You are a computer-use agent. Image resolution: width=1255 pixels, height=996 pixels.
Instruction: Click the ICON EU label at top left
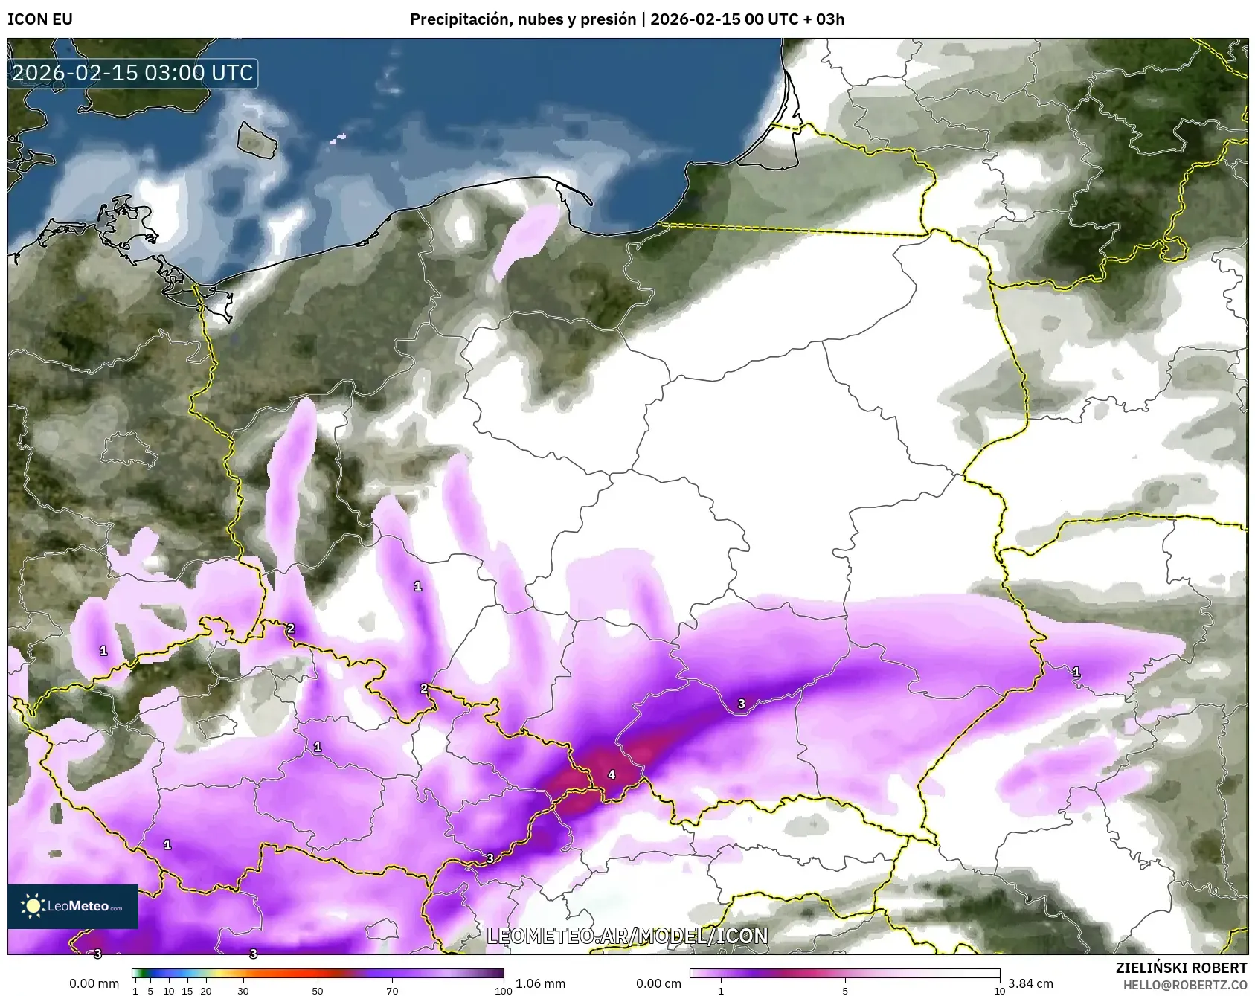click(40, 19)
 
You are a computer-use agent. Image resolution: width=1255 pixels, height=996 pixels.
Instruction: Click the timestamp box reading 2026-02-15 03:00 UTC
click(133, 73)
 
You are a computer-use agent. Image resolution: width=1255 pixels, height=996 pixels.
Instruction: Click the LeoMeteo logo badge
click(73, 906)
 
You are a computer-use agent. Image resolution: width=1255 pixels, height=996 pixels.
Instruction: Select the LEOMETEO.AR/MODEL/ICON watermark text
click(627, 936)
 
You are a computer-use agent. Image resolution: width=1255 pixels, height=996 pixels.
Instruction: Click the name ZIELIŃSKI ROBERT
click(1181, 968)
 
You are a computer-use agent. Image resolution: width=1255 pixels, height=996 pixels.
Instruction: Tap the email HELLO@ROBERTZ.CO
click(1184, 985)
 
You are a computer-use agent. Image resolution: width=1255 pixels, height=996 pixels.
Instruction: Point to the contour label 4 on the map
click(612, 774)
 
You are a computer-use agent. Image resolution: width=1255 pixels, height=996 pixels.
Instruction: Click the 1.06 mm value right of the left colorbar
click(540, 983)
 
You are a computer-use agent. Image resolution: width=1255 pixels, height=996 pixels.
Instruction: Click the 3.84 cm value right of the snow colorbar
click(1030, 983)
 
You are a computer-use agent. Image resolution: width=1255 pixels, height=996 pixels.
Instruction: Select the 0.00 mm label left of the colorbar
click(94, 983)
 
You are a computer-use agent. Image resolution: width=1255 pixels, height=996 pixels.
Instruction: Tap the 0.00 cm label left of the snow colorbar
click(658, 983)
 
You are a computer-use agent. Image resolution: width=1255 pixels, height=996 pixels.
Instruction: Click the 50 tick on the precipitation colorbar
click(318, 991)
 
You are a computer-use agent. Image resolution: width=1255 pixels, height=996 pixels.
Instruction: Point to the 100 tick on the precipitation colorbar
click(504, 991)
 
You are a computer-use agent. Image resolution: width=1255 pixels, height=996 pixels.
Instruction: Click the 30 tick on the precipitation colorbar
click(243, 991)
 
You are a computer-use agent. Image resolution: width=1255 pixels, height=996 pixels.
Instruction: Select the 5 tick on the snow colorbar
click(844, 991)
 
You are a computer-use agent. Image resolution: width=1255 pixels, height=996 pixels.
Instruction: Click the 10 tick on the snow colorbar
click(999, 991)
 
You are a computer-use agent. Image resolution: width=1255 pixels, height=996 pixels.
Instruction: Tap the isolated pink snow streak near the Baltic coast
click(527, 240)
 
